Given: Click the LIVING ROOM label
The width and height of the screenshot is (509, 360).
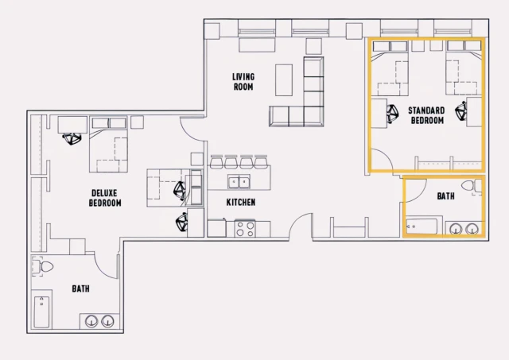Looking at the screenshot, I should click(x=243, y=82).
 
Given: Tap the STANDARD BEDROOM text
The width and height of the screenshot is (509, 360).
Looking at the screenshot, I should click(x=427, y=114).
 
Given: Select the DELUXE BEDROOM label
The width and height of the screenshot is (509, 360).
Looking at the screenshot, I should click(x=105, y=198).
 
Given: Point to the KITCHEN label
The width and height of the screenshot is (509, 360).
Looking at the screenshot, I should click(x=241, y=203).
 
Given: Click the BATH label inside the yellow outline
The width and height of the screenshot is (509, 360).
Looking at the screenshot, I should click(x=445, y=195).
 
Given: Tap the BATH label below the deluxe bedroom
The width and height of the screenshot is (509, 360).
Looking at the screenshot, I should click(x=80, y=289).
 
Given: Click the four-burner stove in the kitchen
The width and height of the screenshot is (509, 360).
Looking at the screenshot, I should click(x=245, y=229).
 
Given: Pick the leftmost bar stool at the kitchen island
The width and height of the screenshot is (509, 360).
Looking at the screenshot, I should click(x=216, y=161).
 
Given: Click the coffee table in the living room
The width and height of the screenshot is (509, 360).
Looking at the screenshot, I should click(x=285, y=79).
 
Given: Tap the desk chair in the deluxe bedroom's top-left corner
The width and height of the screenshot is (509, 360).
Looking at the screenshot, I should click(x=72, y=139).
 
